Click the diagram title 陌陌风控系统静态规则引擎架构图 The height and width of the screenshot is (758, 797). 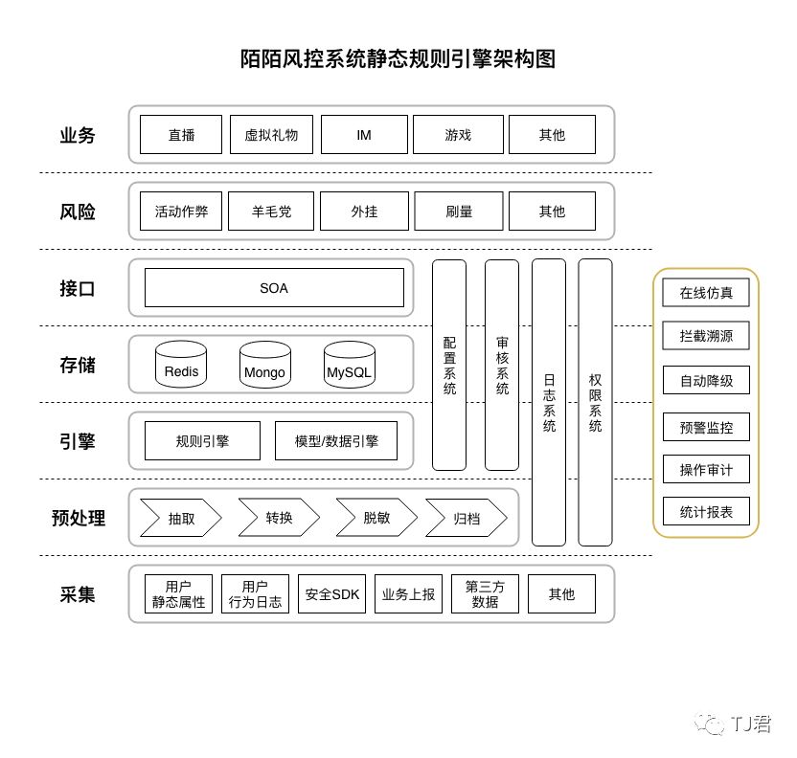(x=398, y=59)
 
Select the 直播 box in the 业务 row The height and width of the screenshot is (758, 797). (x=181, y=135)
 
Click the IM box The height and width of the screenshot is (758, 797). (x=364, y=135)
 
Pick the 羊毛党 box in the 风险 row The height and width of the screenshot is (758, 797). (x=271, y=212)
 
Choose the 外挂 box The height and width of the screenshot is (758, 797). (x=364, y=212)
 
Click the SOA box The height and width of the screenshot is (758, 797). (x=274, y=288)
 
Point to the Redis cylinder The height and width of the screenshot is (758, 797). (x=182, y=366)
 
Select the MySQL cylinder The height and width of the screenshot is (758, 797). (x=350, y=366)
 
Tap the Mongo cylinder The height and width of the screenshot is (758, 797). (x=265, y=366)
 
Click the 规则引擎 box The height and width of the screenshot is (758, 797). (x=202, y=441)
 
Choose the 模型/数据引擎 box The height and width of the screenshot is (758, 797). (x=336, y=441)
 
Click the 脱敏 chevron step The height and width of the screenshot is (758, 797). (x=376, y=518)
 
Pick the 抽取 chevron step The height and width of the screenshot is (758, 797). (x=181, y=518)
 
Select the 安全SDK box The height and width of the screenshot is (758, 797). (x=332, y=594)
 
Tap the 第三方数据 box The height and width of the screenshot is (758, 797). (x=485, y=594)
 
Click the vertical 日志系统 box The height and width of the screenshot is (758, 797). (x=549, y=402)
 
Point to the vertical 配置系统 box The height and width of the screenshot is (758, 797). (x=449, y=365)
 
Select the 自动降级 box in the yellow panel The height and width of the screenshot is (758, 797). (x=706, y=380)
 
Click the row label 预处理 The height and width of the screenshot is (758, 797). (x=79, y=518)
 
